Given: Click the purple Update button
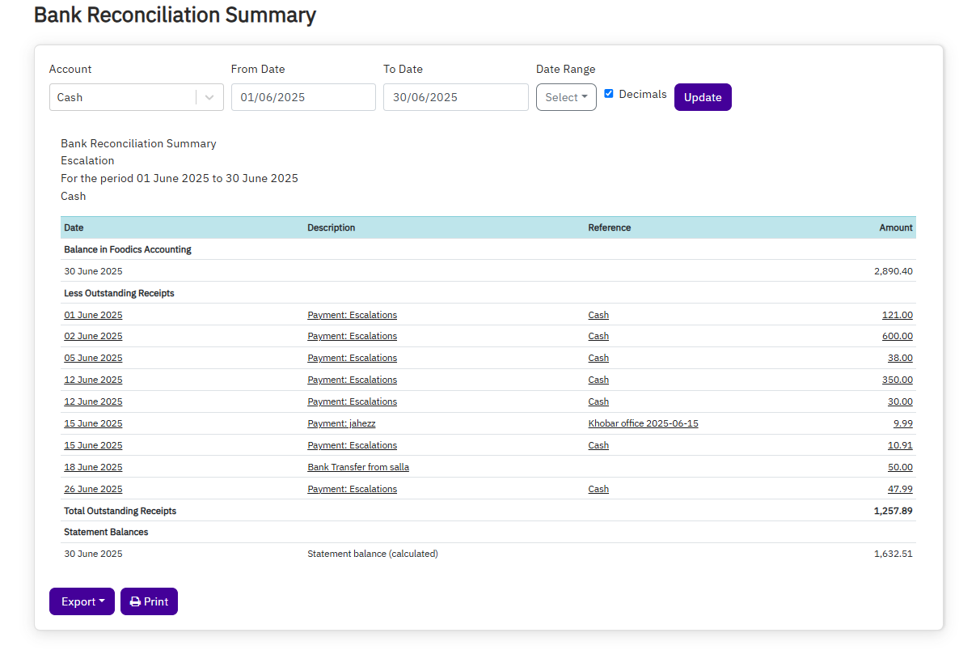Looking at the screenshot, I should pos(702,97).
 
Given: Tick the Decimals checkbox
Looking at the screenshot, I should pos(609,94).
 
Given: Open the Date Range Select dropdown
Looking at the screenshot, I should pos(566,97).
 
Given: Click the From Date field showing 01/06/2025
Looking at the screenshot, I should pos(303,97).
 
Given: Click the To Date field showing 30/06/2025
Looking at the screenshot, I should pos(455,97).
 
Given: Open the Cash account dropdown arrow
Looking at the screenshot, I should pos(209,97).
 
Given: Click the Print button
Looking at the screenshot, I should pos(149,601).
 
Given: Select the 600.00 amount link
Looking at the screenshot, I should pos(897,336).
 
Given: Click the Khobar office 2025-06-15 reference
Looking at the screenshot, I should pos(643,423).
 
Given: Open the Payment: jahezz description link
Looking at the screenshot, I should pos(341,423).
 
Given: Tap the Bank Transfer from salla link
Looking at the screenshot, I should pos(358,467).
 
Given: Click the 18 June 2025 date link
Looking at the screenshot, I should pos(93,467).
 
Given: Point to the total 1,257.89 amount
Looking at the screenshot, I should pos(893,511).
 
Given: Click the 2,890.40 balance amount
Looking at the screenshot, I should pos(893,271).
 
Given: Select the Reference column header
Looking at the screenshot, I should pos(609,227).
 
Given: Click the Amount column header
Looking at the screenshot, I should pos(896,227).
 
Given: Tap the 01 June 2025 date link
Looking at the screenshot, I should pos(93,315).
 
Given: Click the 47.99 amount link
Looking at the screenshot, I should pos(900,489).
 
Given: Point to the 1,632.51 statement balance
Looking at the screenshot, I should pos(893,554).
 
